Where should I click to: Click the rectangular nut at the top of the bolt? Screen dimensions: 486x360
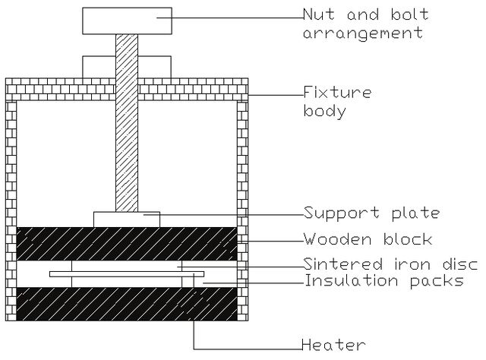click(x=127, y=21)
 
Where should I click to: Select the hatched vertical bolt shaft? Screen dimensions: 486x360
click(x=127, y=123)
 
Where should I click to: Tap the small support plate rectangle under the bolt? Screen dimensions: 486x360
click(x=127, y=219)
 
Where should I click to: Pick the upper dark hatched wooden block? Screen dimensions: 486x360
click(x=127, y=244)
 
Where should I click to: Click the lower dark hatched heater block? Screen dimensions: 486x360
click(x=127, y=304)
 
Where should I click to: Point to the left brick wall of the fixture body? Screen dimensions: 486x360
click(x=11, y=210)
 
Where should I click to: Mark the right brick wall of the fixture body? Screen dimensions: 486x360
click(x=242, y=210)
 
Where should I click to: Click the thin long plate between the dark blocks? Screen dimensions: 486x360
click(x=127, y=274)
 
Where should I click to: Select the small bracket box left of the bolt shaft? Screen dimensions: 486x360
click(x=99, y=67)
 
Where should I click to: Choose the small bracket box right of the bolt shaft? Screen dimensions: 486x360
click(x=154, y=67)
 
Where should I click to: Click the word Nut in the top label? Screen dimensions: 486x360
click(x=319, y=14)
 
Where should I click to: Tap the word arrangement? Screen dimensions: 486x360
click(x=363, y=33)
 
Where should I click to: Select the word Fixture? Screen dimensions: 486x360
click(x=337, y=93)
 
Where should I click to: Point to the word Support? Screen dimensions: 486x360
click(x=341, y=213)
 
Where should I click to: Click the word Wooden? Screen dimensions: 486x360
click(x=337, y=239)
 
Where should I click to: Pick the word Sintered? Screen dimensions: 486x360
click(x=342, y=264)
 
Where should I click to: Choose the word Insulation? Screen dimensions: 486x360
click(x=352, y=280)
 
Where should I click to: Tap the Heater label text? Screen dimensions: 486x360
click(x=333, y=345)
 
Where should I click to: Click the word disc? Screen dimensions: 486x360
click(x=460, y=264)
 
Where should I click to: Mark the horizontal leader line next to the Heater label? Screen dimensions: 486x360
click(x=248, y=349)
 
